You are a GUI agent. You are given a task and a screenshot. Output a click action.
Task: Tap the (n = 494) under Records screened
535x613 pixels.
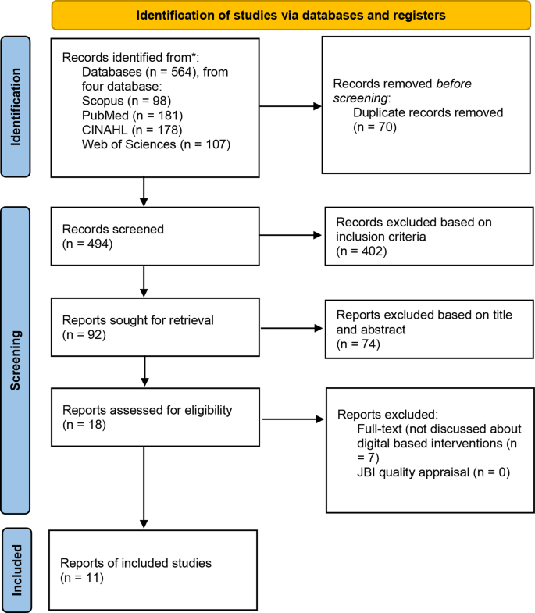(87, 244)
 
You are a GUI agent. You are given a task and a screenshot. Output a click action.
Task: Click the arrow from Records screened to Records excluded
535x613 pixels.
(290, 235)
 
